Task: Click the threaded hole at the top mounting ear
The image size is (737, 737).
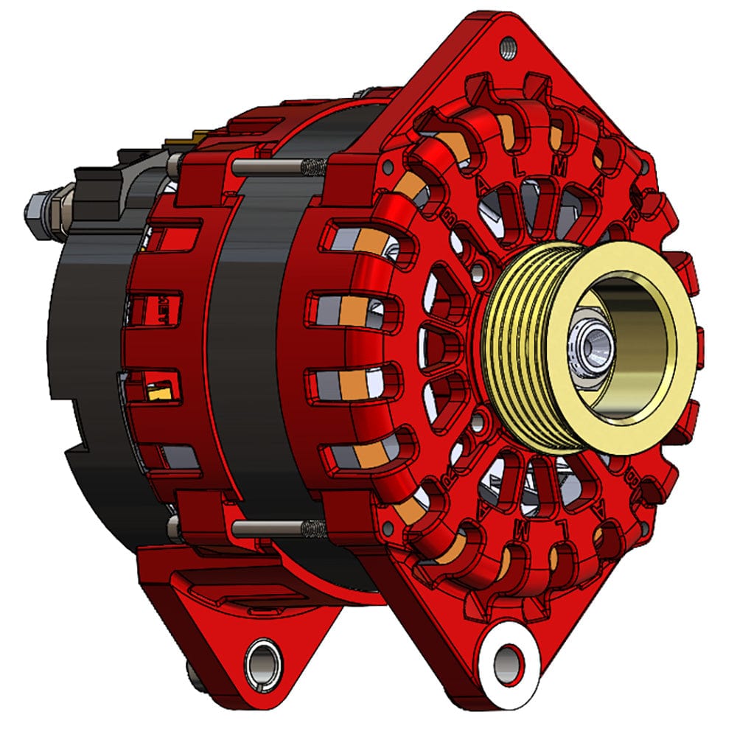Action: tap(507, 49)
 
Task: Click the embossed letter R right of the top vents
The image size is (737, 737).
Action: tap(631, 218)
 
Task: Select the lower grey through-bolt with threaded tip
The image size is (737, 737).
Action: tap(273, 528)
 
